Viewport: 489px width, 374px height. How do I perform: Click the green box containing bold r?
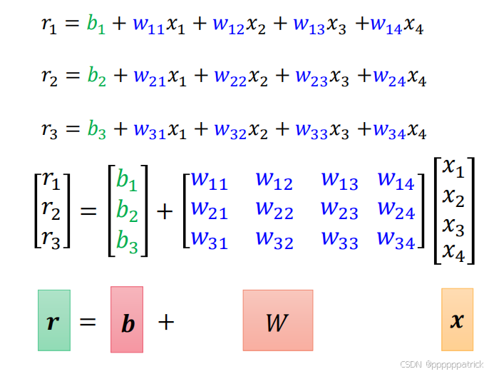click(x=54, y=320)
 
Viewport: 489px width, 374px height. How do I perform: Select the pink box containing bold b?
click(x=127, y=320)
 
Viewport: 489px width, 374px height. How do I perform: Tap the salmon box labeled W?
click(x=277, y=320)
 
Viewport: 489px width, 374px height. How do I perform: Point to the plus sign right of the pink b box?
click(x=165, y=322)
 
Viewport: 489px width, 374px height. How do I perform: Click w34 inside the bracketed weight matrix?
click(x=396, y=241)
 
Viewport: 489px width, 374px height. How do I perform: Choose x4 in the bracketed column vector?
click(x=453, y=252)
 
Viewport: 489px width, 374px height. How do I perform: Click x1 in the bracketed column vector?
click(x=453, y=168)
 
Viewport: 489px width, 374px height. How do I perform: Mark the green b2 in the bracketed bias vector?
click(x=128, y=211)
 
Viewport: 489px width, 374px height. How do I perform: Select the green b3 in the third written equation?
click(x=96, y=131)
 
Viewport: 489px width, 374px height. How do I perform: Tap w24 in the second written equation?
click(x=389, y=78)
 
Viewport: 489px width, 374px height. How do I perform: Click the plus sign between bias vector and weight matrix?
click(x=165, y=212)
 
